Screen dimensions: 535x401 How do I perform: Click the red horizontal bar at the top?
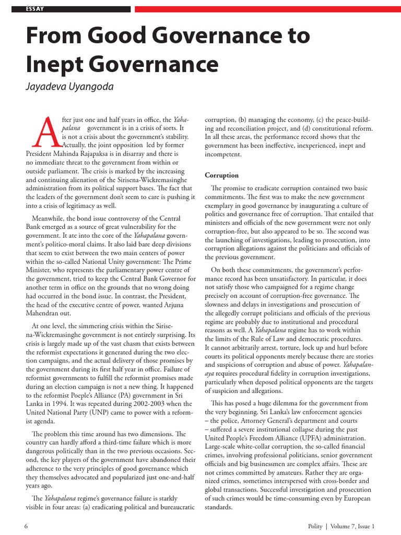(x=267, y=9)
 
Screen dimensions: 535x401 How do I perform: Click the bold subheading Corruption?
(x=221, y=175)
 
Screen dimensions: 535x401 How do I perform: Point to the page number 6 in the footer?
(x=26, y=525)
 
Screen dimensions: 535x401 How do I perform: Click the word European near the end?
(x=356, y=498)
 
